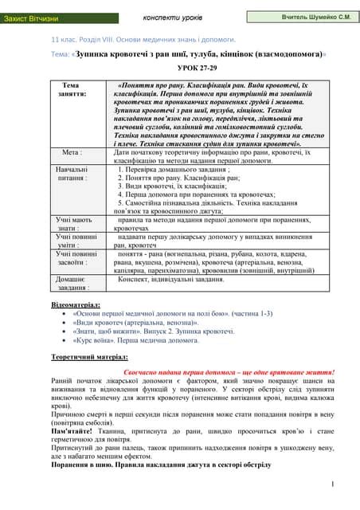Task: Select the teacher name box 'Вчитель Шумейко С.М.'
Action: pyautogui.click(x=316, y=17)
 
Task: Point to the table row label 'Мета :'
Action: pyautogui.click(x=72, y=151)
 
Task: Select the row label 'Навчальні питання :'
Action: pyautogui.click(x=71, y=175)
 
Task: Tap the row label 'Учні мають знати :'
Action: pyautogui.click(x=71, y=223)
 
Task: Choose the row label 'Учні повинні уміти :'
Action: pyautogui.click(x=71, y=242)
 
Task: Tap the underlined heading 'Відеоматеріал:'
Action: pyautogui.click(x=76, y=305)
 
